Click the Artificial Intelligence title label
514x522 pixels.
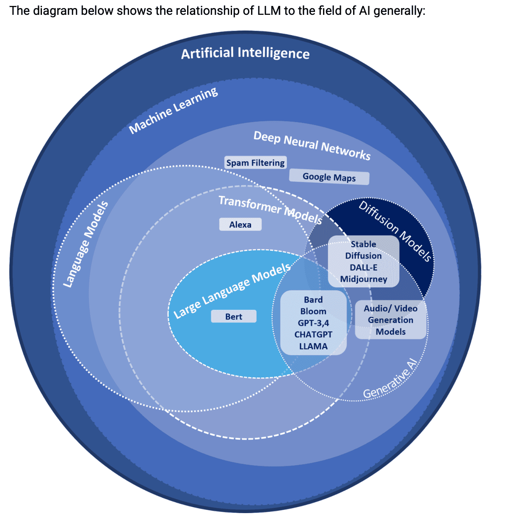(x=245, y=53)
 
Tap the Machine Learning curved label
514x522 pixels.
(x=173, y=111)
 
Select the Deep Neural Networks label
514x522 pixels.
(x=312, y=145)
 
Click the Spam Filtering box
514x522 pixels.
(x=255, y=163)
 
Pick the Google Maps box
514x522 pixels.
(x=329, y=177)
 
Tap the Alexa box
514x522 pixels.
(x=240, y=225)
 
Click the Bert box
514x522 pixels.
(x=234, y=317)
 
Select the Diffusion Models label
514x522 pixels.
(x=395, y=231)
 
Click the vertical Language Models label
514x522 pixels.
(x=86, y=244)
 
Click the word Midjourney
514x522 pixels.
(x=364, y=279)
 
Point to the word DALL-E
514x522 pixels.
(x=364, y=267)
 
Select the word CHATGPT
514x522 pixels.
(x=313, y=334)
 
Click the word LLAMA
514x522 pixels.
(x=313, y=346)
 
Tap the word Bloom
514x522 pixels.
(x=313, y=311)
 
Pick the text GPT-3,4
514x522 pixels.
(x=313, y=323)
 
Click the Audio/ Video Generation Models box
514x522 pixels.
(x=390, y=320)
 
